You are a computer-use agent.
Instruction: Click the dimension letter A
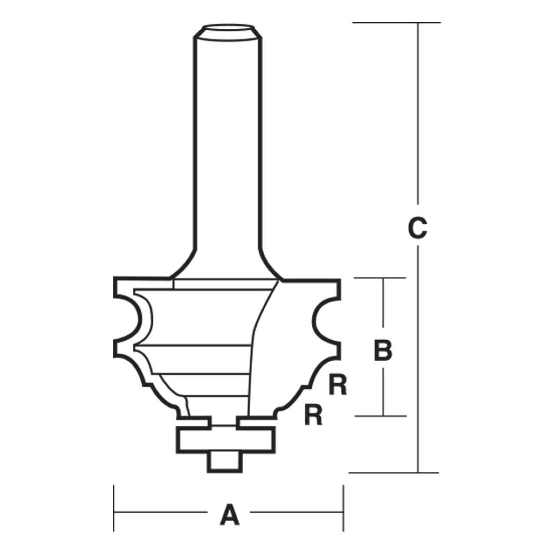tap(229, 515)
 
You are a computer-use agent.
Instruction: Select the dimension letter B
tap(383, 350)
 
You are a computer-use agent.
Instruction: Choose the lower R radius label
tap(313, 415)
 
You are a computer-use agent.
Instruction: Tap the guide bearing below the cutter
tap(226, 439)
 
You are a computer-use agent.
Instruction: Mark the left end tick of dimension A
tap(114, 508)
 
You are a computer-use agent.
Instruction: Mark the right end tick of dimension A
tap(343, 508)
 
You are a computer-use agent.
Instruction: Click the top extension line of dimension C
tap(395, 23)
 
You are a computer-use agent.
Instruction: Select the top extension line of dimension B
tap(380, 278)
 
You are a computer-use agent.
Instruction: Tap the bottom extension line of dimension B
tap(380, 415)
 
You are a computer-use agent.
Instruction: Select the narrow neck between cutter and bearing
tap(225, 423)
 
